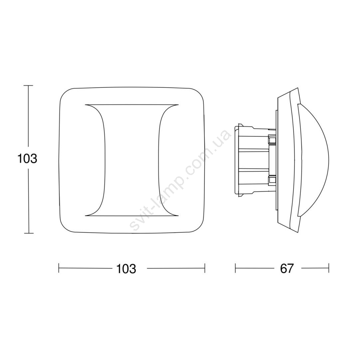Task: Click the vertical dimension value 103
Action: [x=27, y=158]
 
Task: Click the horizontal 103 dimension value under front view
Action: [x=126, y=268]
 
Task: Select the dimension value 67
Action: [x=287, y=268]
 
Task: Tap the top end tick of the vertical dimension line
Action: [x=29, y=86]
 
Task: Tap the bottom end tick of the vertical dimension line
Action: [x=29, y=234]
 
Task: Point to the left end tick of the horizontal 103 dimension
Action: [x=59, y=268]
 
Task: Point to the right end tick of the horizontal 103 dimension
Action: [x=205, y=268]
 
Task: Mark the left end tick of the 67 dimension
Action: [x=235, y=268]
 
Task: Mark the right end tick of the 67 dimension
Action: [x=329, y=268]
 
